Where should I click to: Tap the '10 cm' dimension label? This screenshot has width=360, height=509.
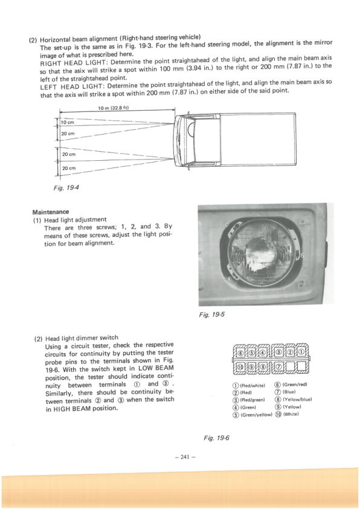coord(67,123)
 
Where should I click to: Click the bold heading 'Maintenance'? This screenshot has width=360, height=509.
coord(51,212)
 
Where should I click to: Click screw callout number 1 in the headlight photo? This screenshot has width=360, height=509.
coord(227,225)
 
